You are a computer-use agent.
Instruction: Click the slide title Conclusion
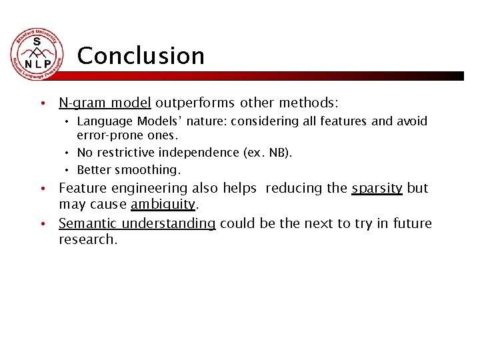point(141,56)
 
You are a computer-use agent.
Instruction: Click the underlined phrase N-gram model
point(105,103)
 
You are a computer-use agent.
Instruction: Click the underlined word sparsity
point(377,188)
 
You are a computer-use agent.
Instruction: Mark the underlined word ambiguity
point(163,204)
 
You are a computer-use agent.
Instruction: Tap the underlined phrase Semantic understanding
point(137,223)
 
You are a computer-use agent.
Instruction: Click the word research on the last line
point(87,239)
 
